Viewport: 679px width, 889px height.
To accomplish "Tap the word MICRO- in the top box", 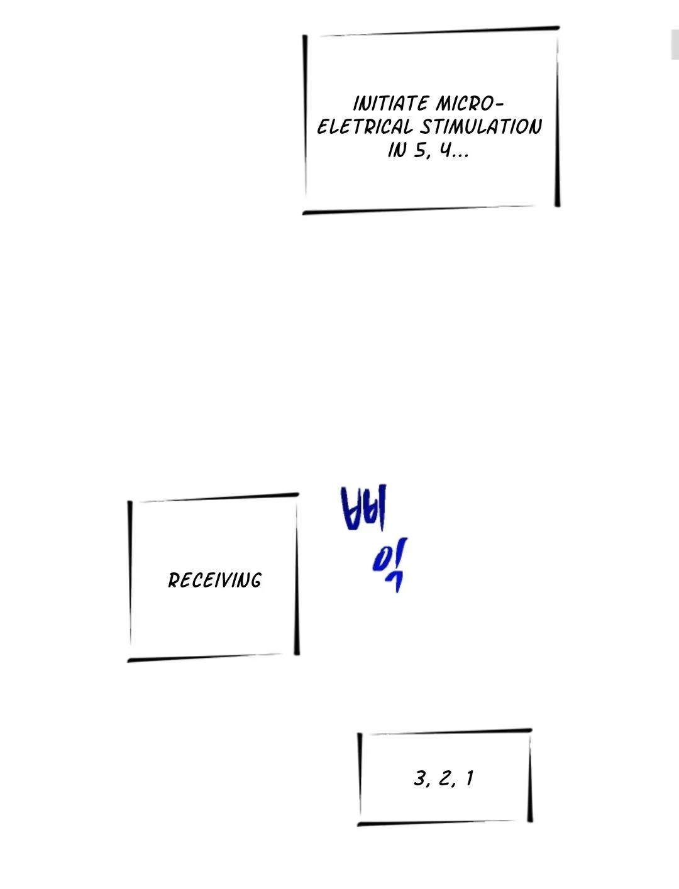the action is click(470, 104).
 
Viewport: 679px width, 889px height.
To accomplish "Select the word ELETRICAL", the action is click(365, 127).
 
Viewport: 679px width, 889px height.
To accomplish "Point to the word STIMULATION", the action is click(481, 127).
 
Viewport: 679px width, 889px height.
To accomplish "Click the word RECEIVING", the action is click(215, 581).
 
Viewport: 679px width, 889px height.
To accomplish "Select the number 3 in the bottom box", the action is click(420, 778).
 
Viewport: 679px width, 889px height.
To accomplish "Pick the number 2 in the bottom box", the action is click(445, 778).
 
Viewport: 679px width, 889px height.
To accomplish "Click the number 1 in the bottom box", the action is click(470, 778).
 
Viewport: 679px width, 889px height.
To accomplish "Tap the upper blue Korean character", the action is click(363, 508).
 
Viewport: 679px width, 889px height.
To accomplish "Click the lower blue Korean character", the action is click(390, 565).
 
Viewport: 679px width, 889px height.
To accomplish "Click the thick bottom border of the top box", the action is click(419, 209).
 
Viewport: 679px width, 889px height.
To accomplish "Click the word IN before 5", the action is click(397, 151).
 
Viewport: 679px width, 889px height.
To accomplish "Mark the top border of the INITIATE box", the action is click(439, 31).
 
